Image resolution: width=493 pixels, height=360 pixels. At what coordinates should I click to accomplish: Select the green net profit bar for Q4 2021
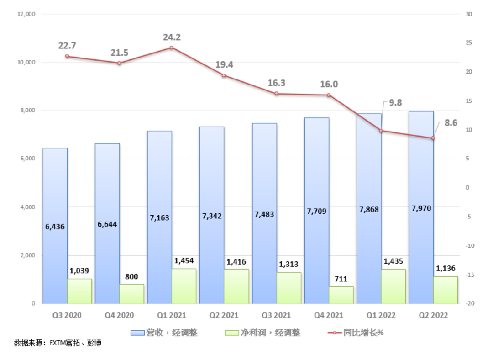click(341, 295)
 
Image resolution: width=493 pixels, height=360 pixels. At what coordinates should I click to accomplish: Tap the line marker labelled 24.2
click(172, 48)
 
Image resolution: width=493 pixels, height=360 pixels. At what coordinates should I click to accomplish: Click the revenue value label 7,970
click(421, 208)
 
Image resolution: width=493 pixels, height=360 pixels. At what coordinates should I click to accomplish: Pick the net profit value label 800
click(131, 276)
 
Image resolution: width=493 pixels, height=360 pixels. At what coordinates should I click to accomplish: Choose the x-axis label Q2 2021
click(224, 315)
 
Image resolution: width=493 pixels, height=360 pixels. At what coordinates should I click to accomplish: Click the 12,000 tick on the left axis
click(26, 14)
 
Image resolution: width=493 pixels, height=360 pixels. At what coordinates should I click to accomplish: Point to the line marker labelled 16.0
click(328, 95)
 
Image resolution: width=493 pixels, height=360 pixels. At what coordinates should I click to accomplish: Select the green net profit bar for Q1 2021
click(184, 286)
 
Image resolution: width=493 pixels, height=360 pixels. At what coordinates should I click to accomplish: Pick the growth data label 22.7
click(67, 46)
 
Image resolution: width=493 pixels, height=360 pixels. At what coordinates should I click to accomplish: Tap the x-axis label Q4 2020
click(119, 315)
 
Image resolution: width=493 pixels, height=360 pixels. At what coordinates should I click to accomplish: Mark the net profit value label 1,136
click(446, 269)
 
